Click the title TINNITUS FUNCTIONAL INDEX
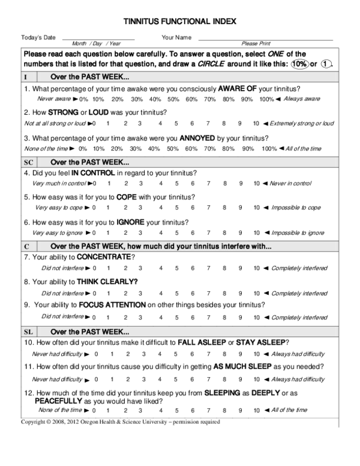(180, 21)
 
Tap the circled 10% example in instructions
(299, 64)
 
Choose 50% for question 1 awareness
(173, 99)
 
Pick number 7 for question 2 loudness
(208, 124)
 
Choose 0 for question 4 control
(109, 183)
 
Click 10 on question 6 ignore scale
(256, 232)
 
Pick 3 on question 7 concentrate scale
(140, 268)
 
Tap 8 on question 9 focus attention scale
(224, 317)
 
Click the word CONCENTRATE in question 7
(103, 257)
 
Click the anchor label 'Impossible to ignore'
(298, 232)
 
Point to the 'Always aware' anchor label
(302, 99)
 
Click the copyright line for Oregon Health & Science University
(120, 422)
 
